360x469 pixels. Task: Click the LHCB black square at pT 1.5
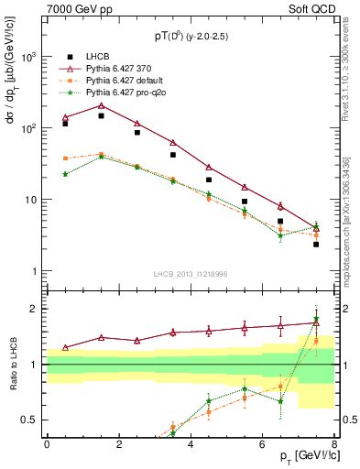(x=101, y=116)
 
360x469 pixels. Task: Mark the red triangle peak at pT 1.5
(x=101, y=105)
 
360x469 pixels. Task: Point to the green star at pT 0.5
(x=65, y=174)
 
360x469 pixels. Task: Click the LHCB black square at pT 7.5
(x=316, y=245)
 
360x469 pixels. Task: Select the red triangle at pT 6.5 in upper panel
(x=280, y=206)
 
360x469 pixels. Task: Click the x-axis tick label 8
(x=334, y=444)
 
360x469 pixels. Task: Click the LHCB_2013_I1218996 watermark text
(x=191, y=275)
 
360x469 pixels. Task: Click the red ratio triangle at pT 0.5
(x=65, y=347)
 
